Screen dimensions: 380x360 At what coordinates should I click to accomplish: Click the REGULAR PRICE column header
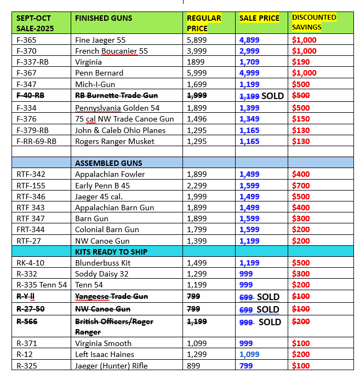pyautogui.click(x=204, y=22)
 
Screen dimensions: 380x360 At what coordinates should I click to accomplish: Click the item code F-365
pyautogui.click(x=27, y=40)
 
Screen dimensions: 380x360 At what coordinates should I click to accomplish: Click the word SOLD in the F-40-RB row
pyautogui.click(x=272, y=96)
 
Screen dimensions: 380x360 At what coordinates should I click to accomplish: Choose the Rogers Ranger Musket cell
pyautogui.click(x=115, y=141)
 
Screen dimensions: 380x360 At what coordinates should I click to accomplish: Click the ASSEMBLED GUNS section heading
pyautogui.click(x=108, y=163)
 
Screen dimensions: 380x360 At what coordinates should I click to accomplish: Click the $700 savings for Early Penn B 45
pyautogui.click(x=301, y=186)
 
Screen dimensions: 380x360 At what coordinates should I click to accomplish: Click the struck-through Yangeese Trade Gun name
pyautogui.click(x=111, y=296)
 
